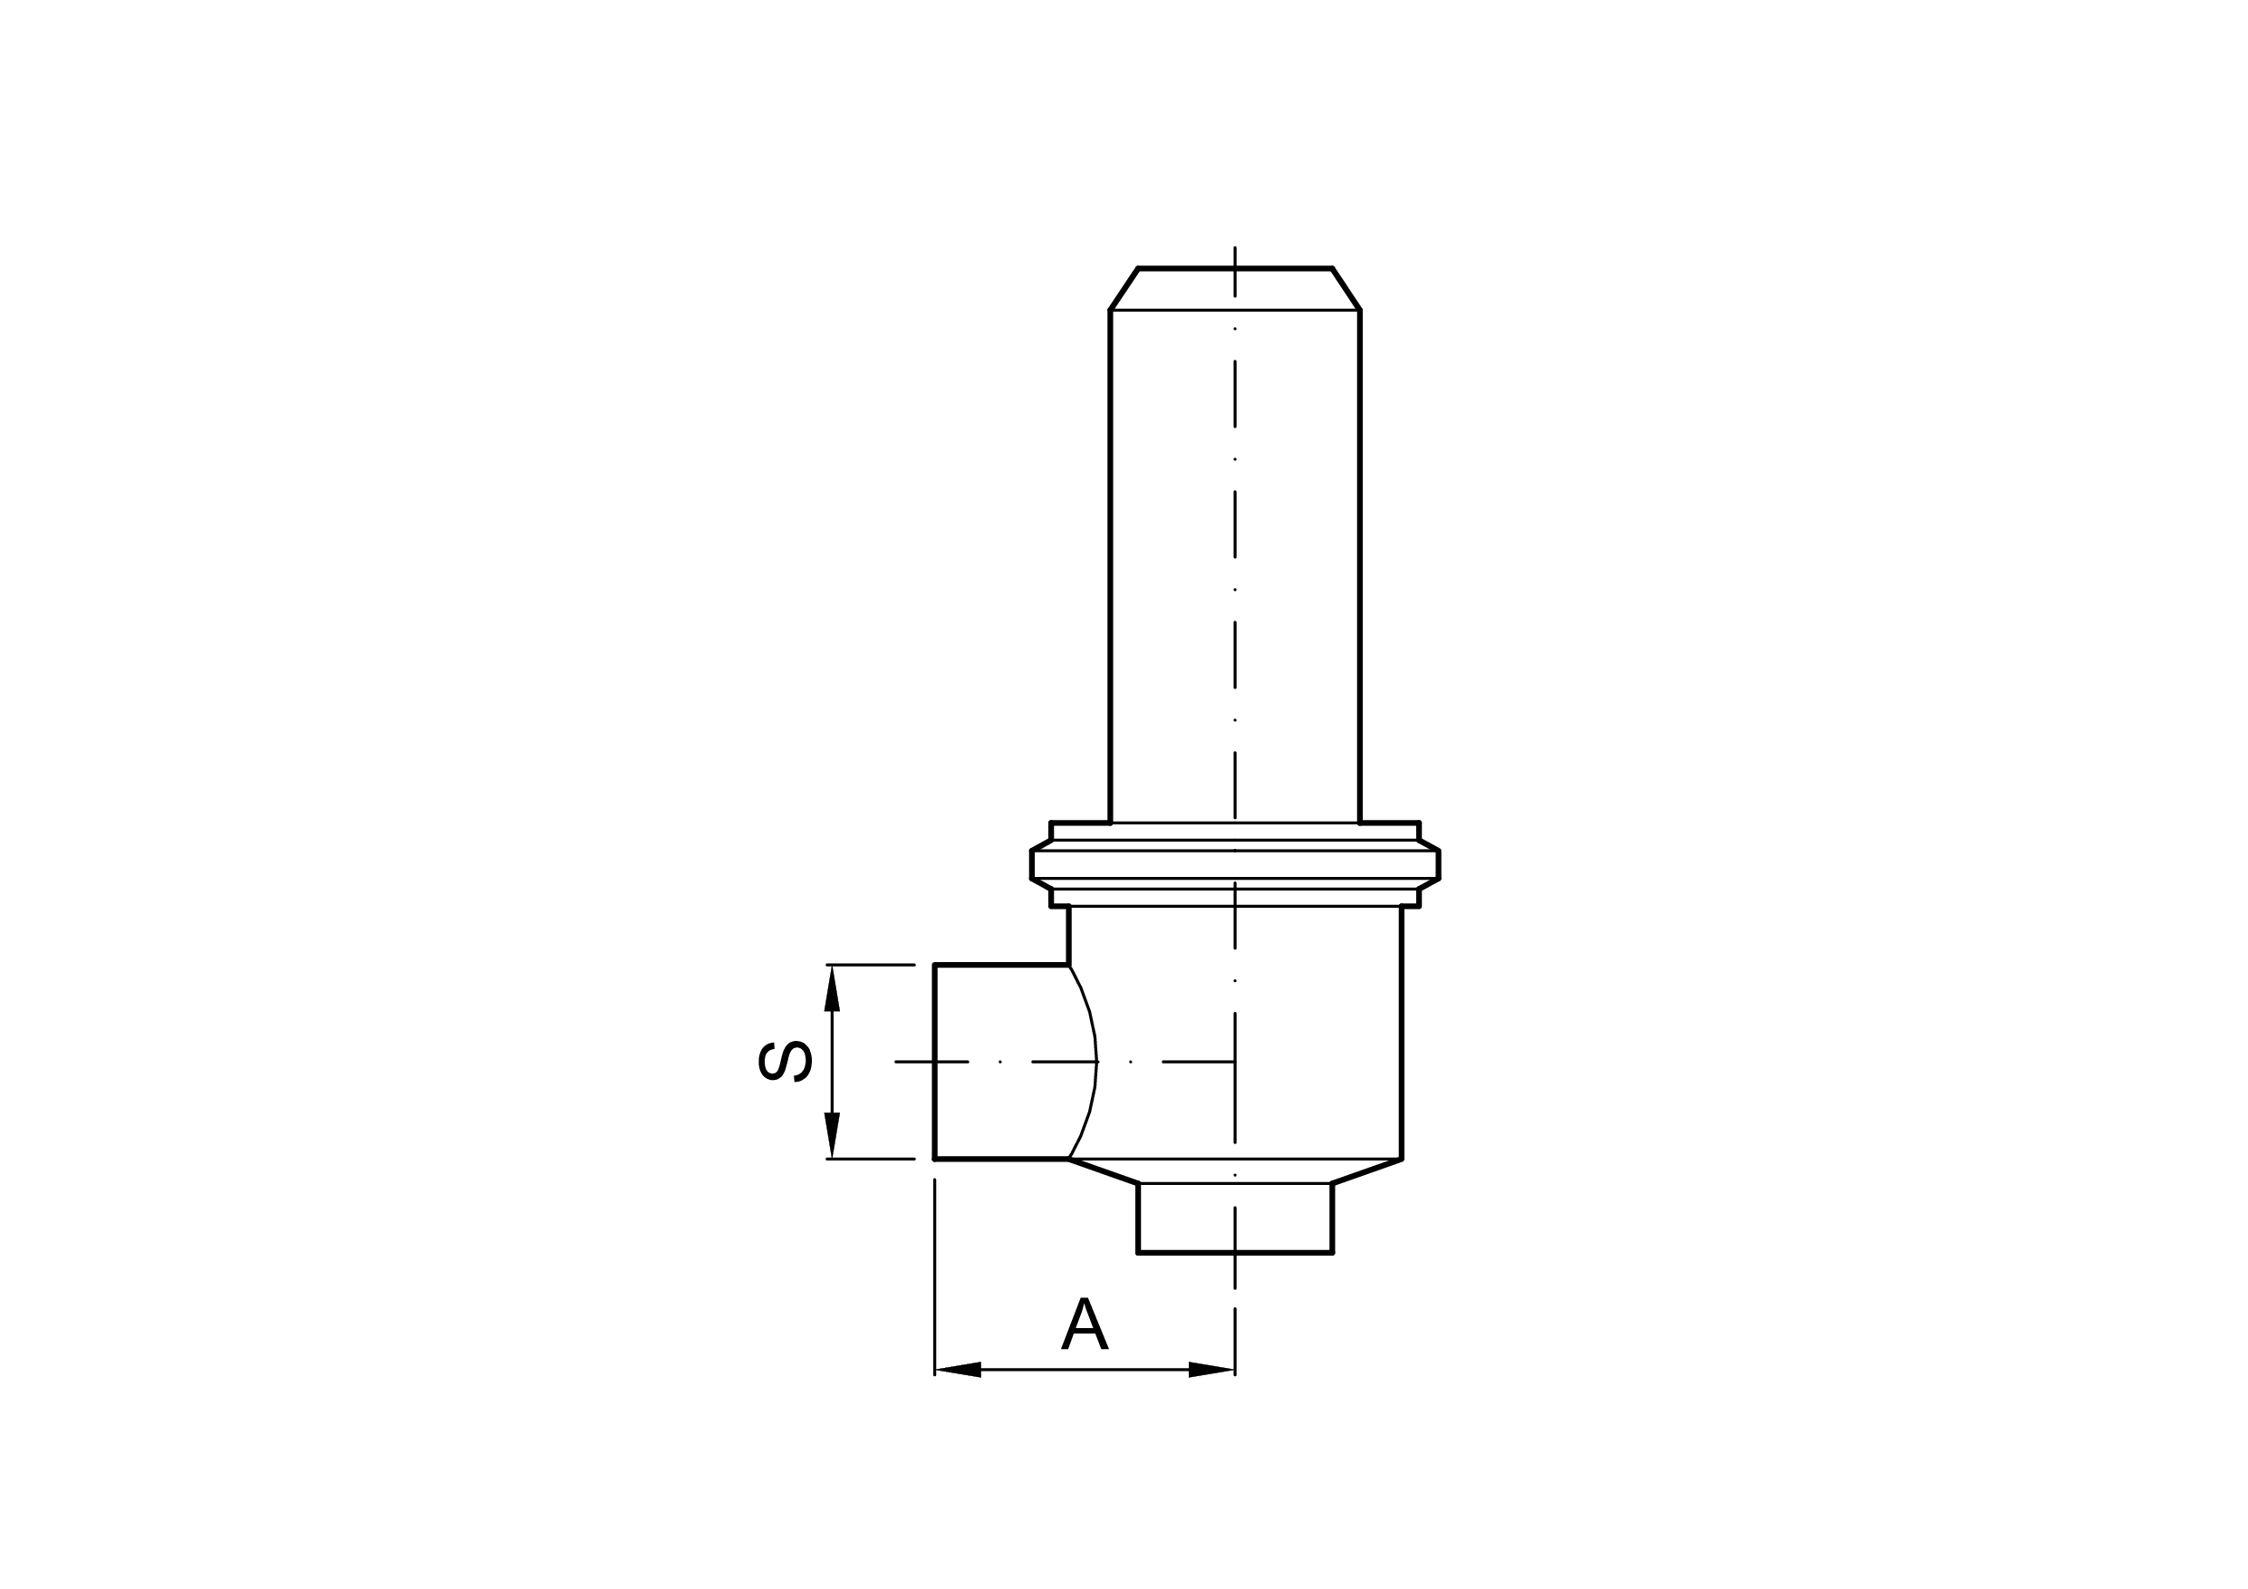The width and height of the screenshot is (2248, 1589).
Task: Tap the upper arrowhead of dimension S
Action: click(x=832, y=989)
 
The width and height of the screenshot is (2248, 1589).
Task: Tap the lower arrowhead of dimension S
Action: click(x=832, y=1136)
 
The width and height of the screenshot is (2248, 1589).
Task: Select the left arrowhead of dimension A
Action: click(x=959, y=1370)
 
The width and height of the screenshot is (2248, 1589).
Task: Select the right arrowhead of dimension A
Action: click(x=1211, y=1370)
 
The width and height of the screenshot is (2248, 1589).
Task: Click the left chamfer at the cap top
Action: click(x=1124, y=289)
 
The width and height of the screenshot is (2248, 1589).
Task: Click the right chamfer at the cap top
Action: click(x=1346, y=289)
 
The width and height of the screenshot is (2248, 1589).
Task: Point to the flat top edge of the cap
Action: click(x=1235, y=268)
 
